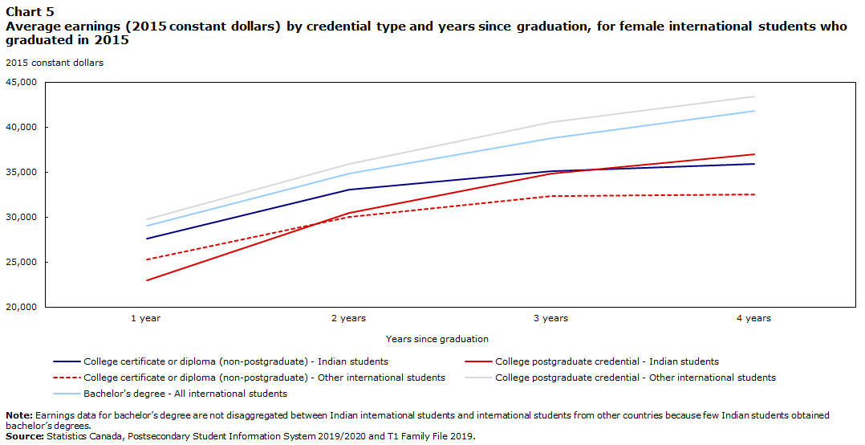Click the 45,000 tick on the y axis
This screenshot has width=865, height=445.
[22, 82]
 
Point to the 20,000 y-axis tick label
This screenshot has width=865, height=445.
[22, 307]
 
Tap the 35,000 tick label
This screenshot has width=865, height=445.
[22, 172]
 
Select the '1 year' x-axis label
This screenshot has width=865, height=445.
[146, 319]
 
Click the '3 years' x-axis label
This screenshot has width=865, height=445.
[551, 319]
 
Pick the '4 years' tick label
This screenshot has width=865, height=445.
[753, 319]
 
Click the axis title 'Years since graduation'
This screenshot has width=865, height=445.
[437, 339]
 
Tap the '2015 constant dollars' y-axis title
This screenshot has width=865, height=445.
[55, 63]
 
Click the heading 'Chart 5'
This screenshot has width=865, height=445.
[30, 12]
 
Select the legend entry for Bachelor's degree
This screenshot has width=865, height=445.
[170, 394]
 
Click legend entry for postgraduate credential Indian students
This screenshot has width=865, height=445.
[592, 361]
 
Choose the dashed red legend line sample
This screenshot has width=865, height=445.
[67, 378]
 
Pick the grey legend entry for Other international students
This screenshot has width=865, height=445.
[620, 378]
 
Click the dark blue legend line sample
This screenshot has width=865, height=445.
[67, 362]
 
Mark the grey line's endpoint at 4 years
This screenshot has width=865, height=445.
[754, 96]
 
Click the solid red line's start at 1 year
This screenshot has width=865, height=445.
[146, 280]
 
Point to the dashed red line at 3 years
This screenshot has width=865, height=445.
[551, 196]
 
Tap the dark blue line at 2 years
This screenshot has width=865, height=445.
[348, 190]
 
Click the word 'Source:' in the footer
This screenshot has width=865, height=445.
[25, 436]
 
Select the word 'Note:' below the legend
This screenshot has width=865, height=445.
[19, 415]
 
